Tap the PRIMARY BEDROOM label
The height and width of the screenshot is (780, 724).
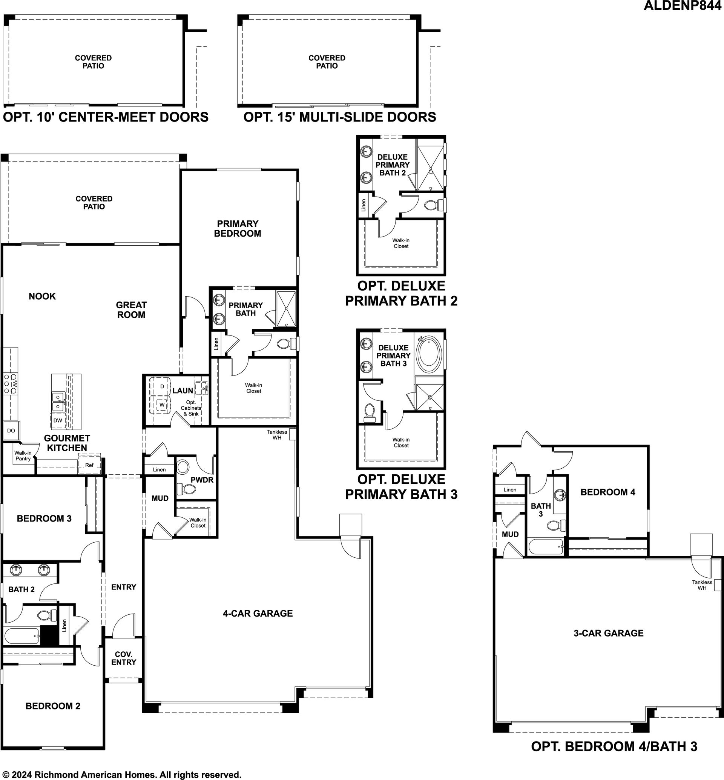click(x=238, y=229)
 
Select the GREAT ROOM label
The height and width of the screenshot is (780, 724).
click(x=131, y=310)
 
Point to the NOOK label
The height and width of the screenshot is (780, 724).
click(x=42, y=296)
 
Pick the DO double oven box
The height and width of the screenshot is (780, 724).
click(x=11, y=430)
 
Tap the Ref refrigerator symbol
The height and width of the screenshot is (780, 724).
click(x=90, y=465)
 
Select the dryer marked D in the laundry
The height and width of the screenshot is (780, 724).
click(x=162, y=386)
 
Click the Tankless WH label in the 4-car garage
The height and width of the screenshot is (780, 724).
click(x=277, y=435)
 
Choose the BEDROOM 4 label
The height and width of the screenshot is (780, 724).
click(x=607, y=492)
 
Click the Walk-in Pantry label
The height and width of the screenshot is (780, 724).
click(x=23, y=456)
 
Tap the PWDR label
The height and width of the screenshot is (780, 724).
click(x=202, y=480)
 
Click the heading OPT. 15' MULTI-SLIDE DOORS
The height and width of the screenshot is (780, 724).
click(x=340, y=117)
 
